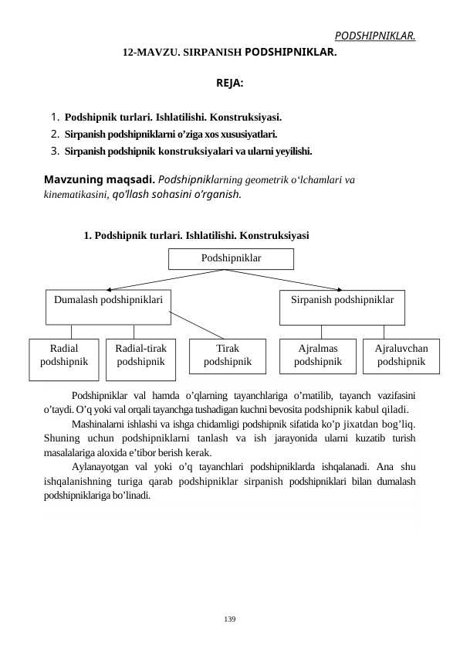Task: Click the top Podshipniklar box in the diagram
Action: point(231,258)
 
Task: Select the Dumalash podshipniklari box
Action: point(107,307)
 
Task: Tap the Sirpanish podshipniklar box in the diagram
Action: point(342,307)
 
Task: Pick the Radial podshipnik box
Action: point(64,360)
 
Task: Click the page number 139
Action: point(230,619)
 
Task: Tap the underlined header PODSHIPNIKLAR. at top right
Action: point(375,36)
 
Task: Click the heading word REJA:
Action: point(230,82)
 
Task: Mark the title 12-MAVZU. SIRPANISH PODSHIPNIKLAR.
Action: point(230,54)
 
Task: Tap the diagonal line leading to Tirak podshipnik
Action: point(199,325)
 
